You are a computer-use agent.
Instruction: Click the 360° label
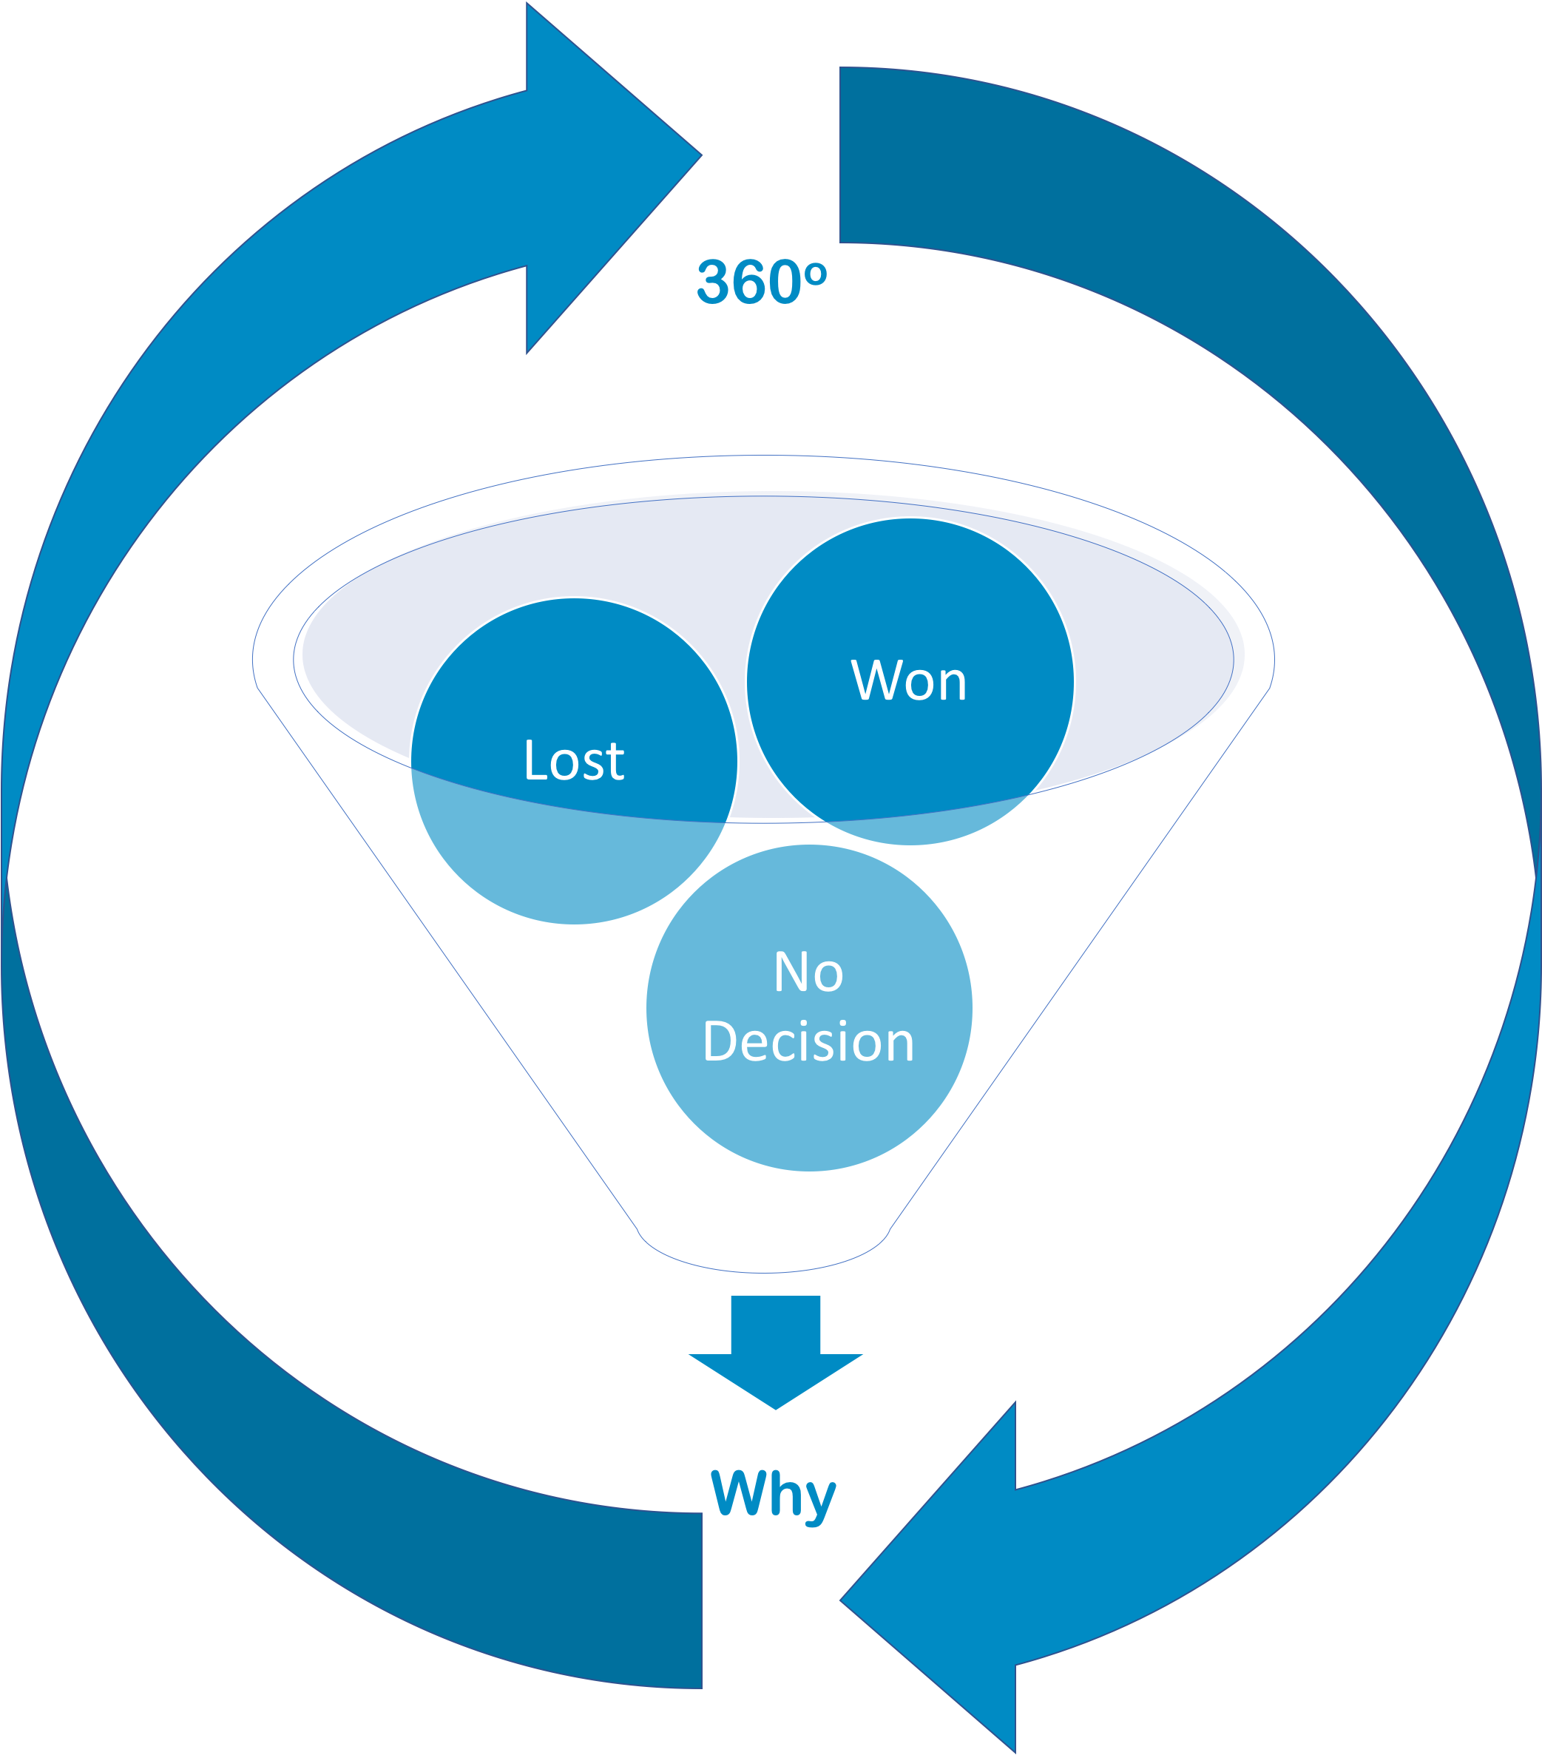(x=761, y=283)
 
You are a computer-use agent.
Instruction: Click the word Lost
(x=573, y=761)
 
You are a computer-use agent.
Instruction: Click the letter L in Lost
(x=534, y=760)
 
